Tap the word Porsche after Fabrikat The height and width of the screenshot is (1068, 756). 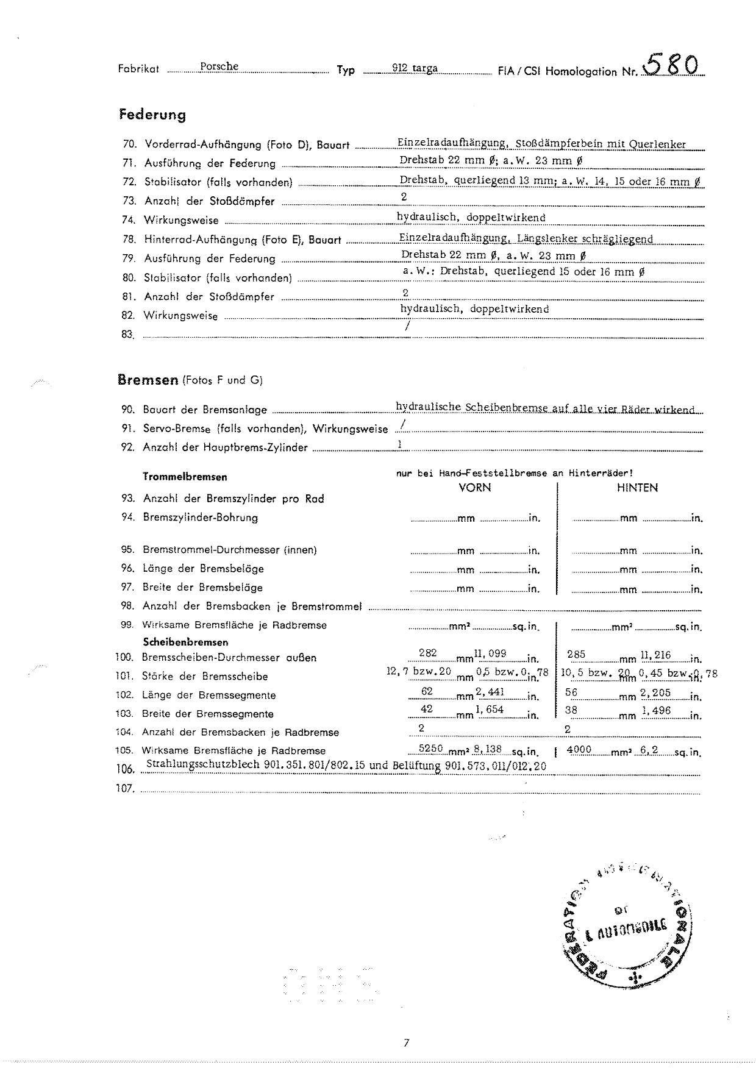point(219,66)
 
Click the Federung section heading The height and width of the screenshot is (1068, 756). point(152,115)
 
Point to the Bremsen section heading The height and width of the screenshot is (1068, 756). point(147,380)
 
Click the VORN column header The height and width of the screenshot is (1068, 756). point(474,488)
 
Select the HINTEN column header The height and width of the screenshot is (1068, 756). point(637,488)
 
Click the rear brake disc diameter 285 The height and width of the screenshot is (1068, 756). point(576,655)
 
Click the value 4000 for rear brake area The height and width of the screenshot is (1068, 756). point(579,749)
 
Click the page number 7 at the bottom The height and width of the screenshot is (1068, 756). point(406,1043)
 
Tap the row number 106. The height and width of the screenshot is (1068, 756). point(124,770)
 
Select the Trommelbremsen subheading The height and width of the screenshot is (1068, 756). point(185,477)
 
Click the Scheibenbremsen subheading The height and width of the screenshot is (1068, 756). point(185,642)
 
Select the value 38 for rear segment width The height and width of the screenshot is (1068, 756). point(571,710)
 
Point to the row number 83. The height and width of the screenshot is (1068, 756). point(127,335)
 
